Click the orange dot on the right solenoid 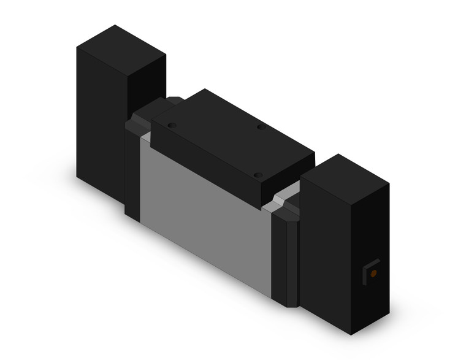pos(373,272)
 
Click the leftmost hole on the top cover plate pos(172,125)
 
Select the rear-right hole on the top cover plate pos(260,127)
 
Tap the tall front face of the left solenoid pos(101,123)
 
